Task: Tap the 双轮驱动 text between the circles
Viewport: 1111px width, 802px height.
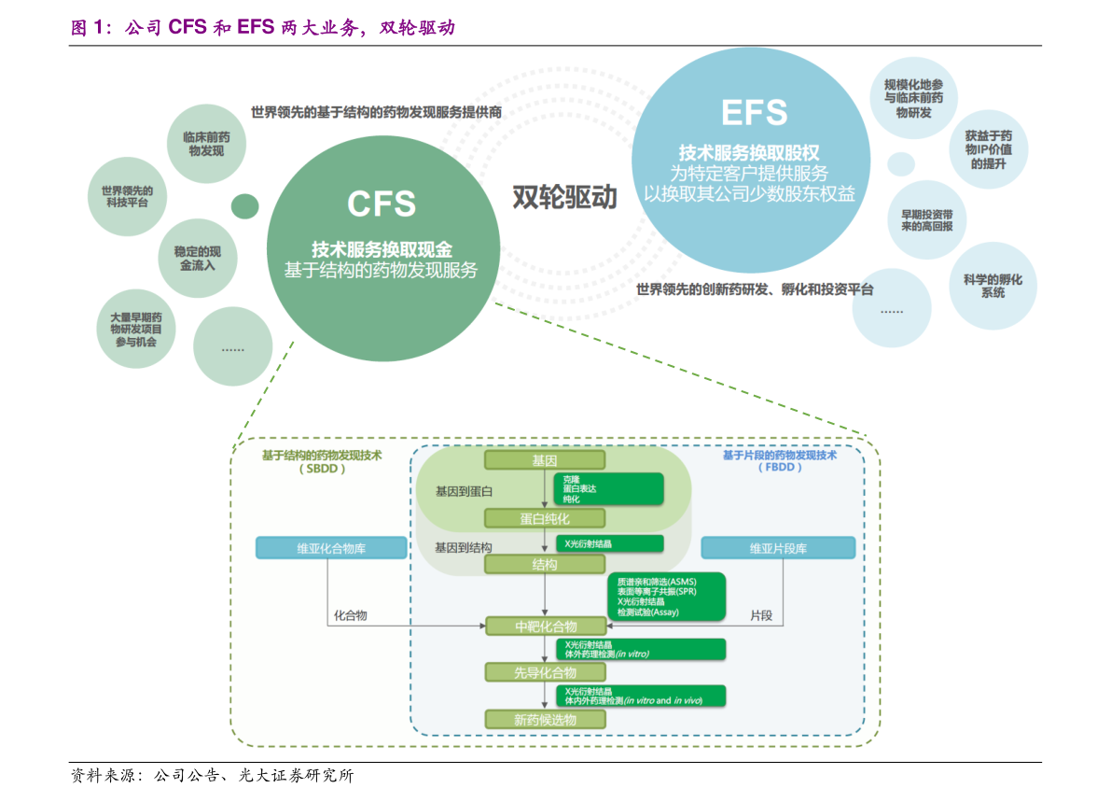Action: click(564, 197)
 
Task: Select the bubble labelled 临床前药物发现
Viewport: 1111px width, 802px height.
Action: click(206, 143)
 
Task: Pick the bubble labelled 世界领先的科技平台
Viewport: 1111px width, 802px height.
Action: click(127, 197)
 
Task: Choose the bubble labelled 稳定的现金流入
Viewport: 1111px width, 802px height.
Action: click(197, 259)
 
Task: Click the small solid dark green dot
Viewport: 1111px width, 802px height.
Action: click(244, 206)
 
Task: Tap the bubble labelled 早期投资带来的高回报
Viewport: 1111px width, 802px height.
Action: click(925, 220)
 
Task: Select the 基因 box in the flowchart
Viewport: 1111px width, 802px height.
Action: click(545, 461)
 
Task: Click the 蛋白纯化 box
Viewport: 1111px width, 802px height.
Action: click(545, 518)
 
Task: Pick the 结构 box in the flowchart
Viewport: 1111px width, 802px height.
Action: click(545, 565)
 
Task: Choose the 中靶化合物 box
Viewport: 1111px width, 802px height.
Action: click(546, 626)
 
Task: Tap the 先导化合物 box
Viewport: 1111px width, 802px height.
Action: click(546, 672)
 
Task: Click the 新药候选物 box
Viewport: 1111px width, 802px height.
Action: click(546, 720)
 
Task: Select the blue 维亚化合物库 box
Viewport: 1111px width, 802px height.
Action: click(331, 548)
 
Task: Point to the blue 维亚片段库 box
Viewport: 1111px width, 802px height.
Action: click(778, 548)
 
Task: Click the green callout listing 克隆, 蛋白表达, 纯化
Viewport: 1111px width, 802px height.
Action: click(608, 487)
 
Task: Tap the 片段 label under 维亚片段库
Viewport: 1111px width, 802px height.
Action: click(762, 616)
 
